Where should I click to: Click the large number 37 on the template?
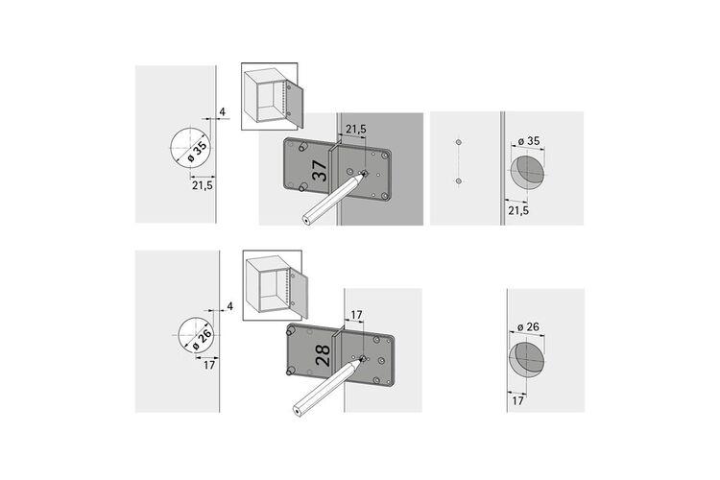click(x=320, y=171)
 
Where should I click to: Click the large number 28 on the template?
click(x=324, y=355)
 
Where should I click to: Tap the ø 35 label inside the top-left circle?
click(x=197, y=152)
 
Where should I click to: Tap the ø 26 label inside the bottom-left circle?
click(x=202, y=339)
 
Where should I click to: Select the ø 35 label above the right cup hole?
click(x=529, y=141)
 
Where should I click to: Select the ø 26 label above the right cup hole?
click(x=528, y=327)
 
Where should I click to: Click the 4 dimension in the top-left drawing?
click(x=223, y=112)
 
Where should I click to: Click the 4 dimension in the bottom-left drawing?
click(x=230, y=306)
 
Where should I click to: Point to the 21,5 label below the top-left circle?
click(x=203, y=185)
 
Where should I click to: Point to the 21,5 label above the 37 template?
click(x=356, y=130)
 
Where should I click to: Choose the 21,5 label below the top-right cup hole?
click(x=518, y=210)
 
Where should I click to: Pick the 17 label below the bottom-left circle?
click(x=209, y=365)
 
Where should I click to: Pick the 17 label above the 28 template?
click(x=356, y=315)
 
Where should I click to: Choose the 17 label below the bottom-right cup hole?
click(x=517, y=401)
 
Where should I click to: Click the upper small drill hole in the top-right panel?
click(x=458, y=142)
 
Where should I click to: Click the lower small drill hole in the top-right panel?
click(x=458, y=181)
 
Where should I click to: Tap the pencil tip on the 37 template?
click(x=363, y=175)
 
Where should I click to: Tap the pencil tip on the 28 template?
click(x=362, y=359)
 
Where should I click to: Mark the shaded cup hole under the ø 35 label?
click(x=528, y=172)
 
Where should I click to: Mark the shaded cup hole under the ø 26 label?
click(x=527, y=358)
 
